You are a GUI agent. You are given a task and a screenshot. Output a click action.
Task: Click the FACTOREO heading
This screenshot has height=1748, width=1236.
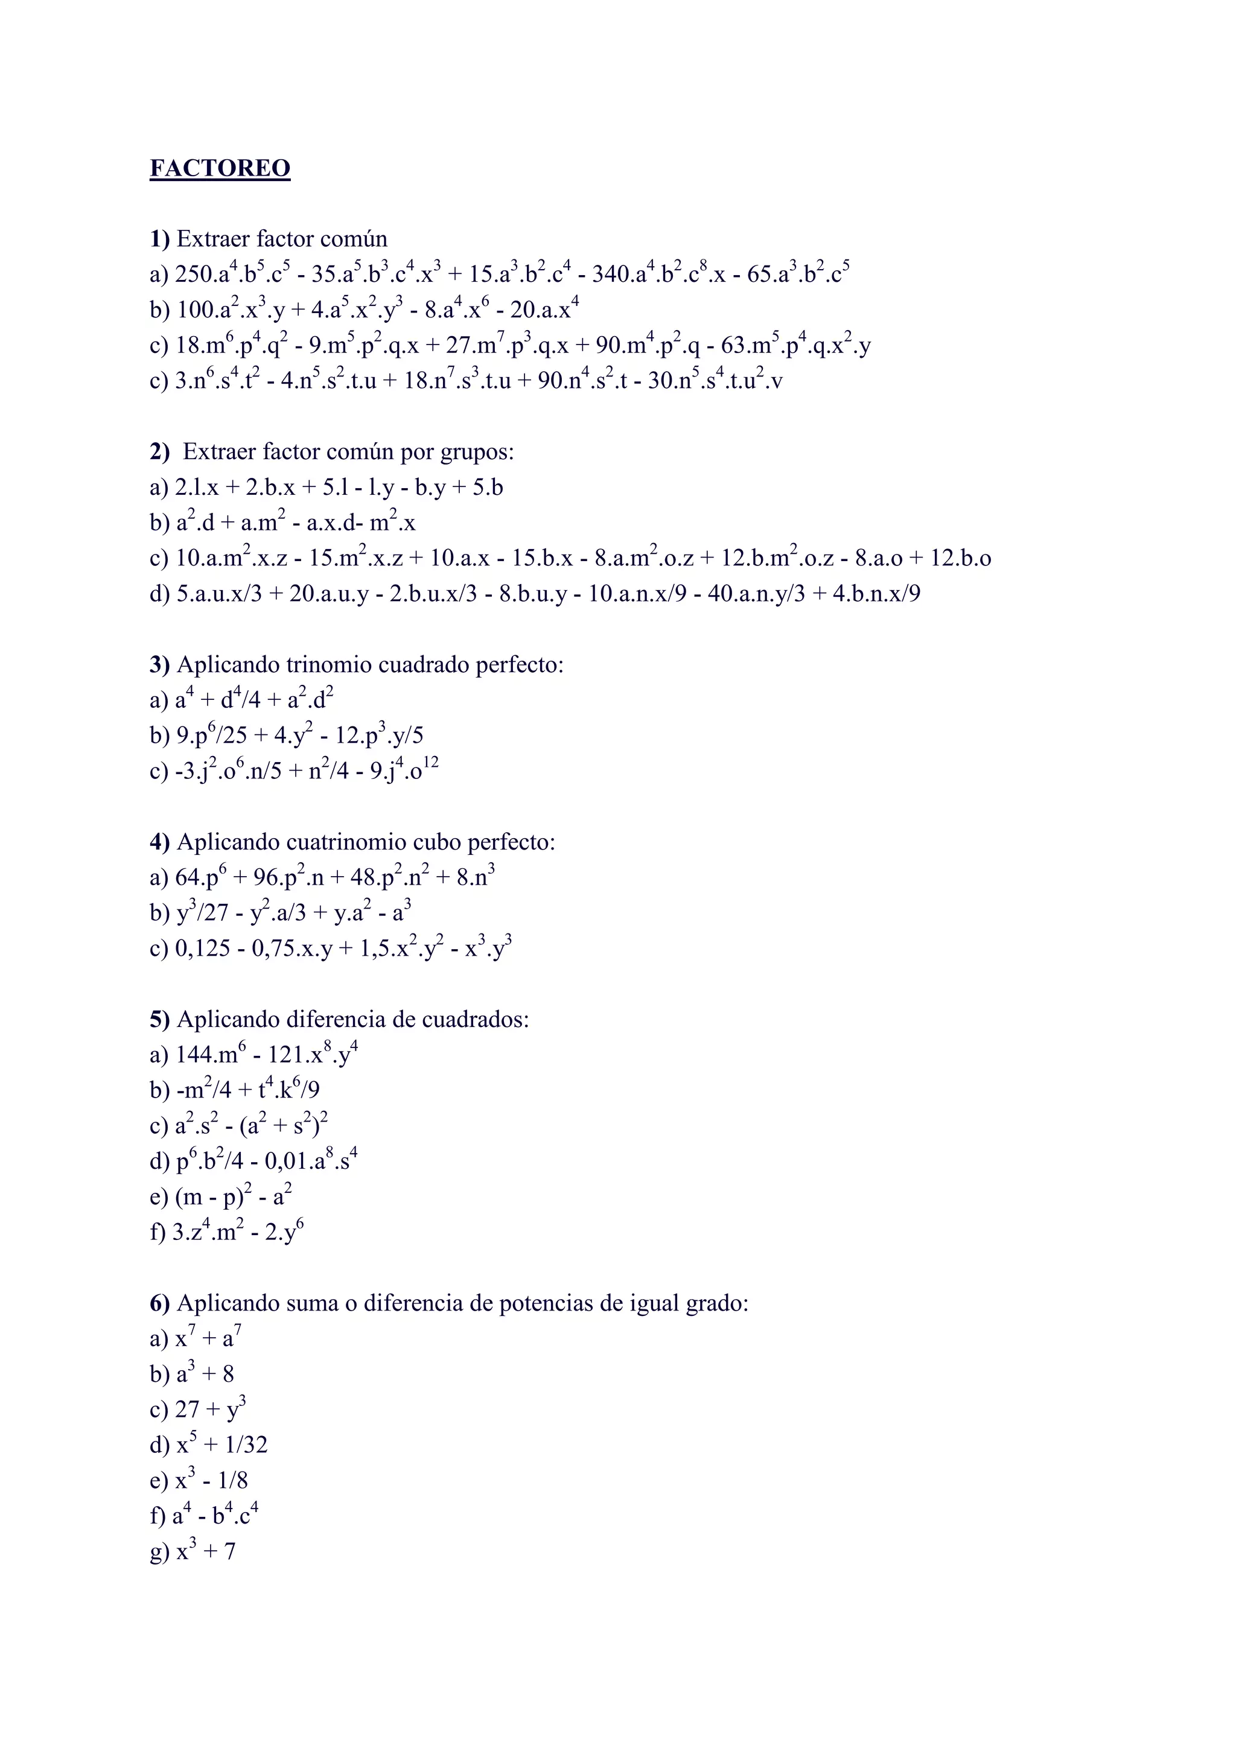(220, 168)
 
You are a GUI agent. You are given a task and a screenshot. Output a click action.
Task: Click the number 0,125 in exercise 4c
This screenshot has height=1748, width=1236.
(203, 949)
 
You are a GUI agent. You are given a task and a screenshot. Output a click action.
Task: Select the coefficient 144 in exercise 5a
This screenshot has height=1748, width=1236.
(195, 1055)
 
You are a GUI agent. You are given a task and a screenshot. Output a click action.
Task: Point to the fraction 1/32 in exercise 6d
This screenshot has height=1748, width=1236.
(246, 1445)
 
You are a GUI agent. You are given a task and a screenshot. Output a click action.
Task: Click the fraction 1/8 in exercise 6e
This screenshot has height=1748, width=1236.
(232, 1481)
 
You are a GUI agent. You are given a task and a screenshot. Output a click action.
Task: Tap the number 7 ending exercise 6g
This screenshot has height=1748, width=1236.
(229, 1551)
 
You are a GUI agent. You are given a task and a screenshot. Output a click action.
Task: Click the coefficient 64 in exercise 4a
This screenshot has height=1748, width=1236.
(187, 879)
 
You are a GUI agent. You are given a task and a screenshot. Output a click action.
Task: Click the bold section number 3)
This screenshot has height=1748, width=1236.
(160, 665)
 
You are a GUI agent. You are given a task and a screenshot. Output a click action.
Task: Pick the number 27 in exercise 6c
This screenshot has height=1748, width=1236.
(187, 1410)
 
